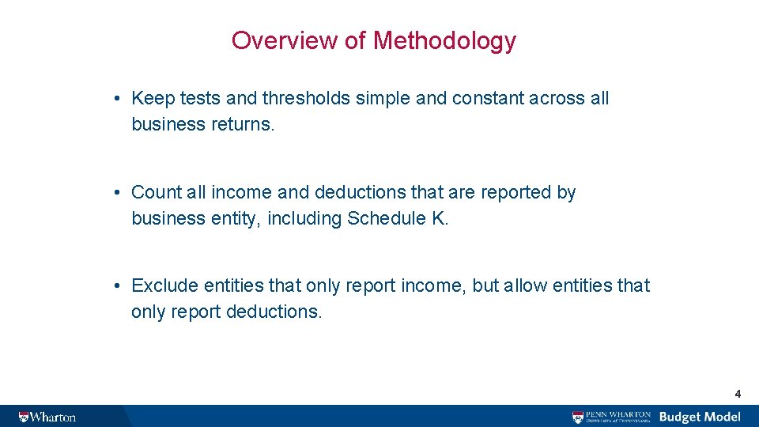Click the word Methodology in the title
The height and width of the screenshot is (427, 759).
(x=444, y=40)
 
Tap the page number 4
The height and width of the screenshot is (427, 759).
(x=738, y=393)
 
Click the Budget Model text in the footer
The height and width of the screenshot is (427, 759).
(x=700, y=417)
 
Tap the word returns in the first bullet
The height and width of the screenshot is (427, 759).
(x=240, y=125)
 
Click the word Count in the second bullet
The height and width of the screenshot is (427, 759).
(x=155, y=192)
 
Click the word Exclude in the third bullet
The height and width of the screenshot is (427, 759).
(x=164, y=285)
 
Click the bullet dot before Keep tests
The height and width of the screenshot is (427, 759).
(x=115, y=100)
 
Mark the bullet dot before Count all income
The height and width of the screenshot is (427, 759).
(x=115, y=193)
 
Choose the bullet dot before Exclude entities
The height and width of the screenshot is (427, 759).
(x=115, y=286)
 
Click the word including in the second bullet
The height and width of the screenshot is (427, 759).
(x=304, y=218)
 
